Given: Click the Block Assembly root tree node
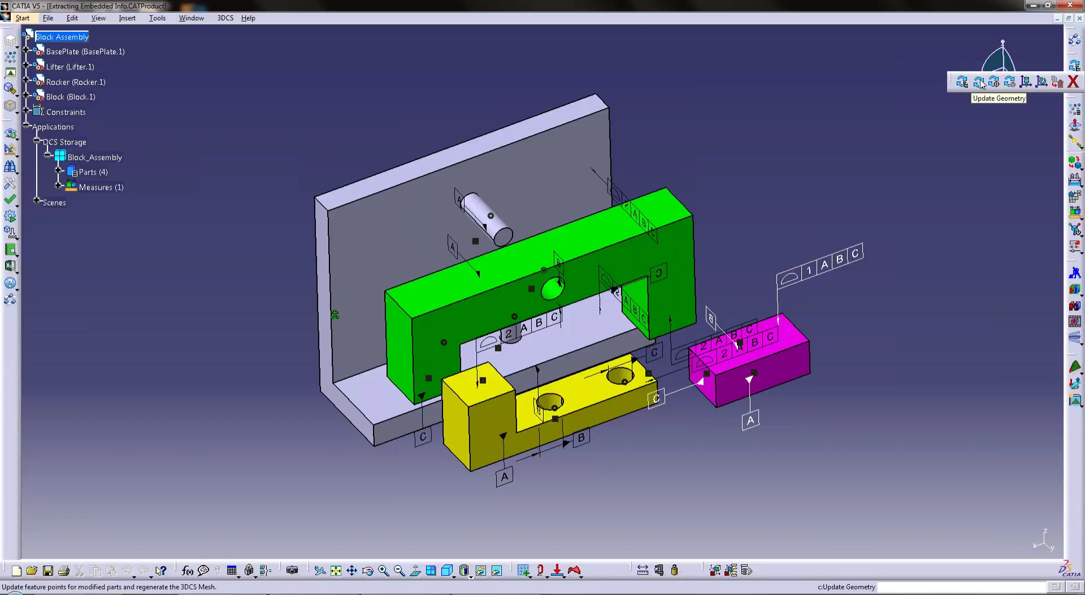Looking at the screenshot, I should [x=62, y=37].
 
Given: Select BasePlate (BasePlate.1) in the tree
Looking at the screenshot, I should [x=85, y=51].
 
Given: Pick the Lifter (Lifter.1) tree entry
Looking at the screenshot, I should [x=70, y=67].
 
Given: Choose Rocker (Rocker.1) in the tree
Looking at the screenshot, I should [x=75, y=82].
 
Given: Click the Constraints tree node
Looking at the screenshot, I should [x=66, y=112].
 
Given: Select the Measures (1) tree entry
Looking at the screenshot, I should [x=101, y=187].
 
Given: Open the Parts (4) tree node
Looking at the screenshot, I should [x=93, y=172].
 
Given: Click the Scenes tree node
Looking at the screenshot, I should [x=54, y=202].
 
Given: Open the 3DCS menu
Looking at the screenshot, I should [x=225, y=18].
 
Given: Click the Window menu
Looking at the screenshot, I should [x=191, y=18].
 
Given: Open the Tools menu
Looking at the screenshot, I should [x=157, y=18].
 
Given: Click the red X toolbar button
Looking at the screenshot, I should [x=1073, y=82].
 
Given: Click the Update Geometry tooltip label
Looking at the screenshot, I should [x=999, y=98].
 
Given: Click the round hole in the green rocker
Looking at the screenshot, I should [x=552, y=289].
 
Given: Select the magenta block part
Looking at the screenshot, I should [x=763, y=373].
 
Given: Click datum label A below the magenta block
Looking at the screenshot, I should [x=750, y=420].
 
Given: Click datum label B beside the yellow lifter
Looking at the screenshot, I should [x=581, y=437].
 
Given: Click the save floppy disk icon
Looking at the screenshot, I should [x=48, y=571].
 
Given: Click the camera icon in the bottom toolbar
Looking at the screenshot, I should [x=292, y=570].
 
